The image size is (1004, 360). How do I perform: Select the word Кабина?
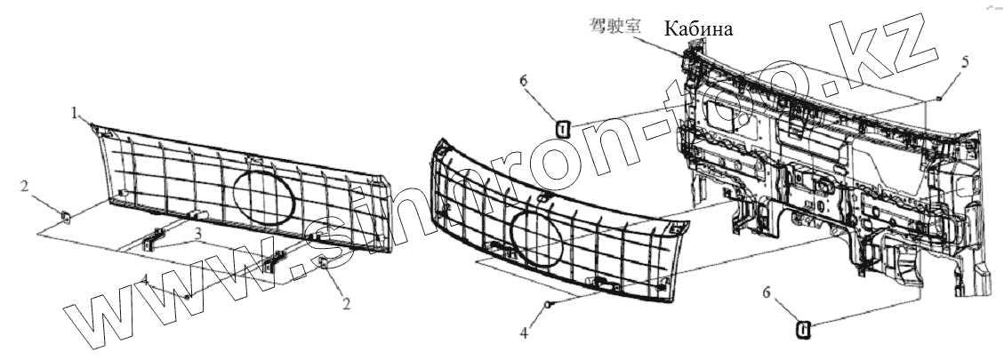[698, 30]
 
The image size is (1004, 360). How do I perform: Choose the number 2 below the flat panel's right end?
[346, 303]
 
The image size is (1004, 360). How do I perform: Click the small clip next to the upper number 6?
[562, 129]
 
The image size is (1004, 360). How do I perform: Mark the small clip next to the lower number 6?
[803, 331]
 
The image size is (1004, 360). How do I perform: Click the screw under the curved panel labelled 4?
[549, 305]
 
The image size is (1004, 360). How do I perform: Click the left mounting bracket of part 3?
[154, 240]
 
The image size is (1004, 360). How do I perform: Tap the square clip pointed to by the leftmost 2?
[66, 214]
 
